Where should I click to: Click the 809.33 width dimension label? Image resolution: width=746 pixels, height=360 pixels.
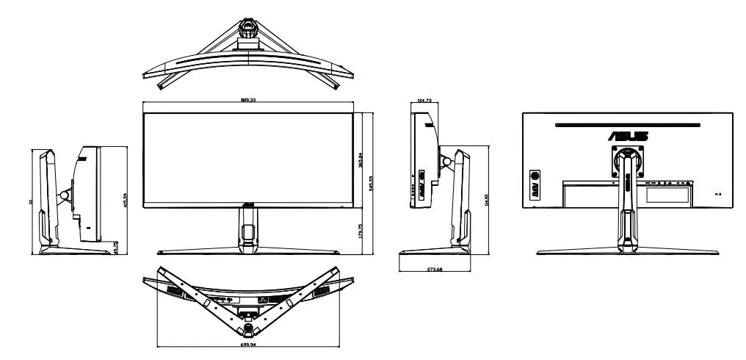248,100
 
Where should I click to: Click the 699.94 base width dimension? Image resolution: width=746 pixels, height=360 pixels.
248,344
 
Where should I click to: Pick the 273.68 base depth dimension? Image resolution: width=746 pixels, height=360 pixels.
433,270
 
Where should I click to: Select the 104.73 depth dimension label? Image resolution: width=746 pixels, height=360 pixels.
424,101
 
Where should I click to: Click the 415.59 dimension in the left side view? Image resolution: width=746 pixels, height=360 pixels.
126,200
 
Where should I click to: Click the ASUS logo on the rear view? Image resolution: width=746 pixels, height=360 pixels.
628,136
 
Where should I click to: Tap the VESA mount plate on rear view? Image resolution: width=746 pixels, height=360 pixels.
628,162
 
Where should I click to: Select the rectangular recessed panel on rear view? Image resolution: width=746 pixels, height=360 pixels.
668,195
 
